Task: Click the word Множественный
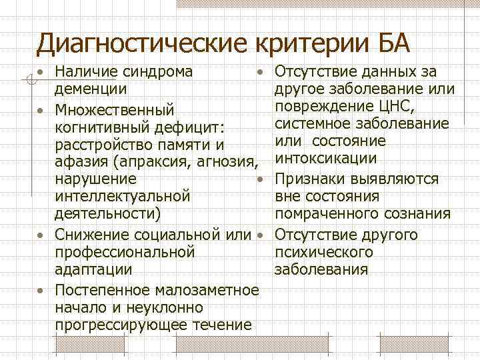click(x=114, y=108)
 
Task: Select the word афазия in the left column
click(x=76, y=162)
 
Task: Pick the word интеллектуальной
click(x=123, y=197)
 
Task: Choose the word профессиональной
click(x=125, y=253)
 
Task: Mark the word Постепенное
click(x=103, y=290)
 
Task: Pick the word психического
click(x=323, y=253)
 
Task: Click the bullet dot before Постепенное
click(x=41, y=291)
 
